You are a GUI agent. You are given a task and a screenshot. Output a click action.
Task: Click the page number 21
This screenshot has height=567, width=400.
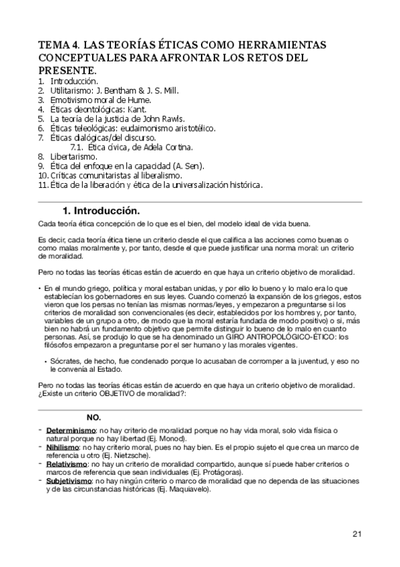(x=357, y=533)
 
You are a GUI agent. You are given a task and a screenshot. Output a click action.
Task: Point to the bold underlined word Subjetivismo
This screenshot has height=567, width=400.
(x=69, y=480)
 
